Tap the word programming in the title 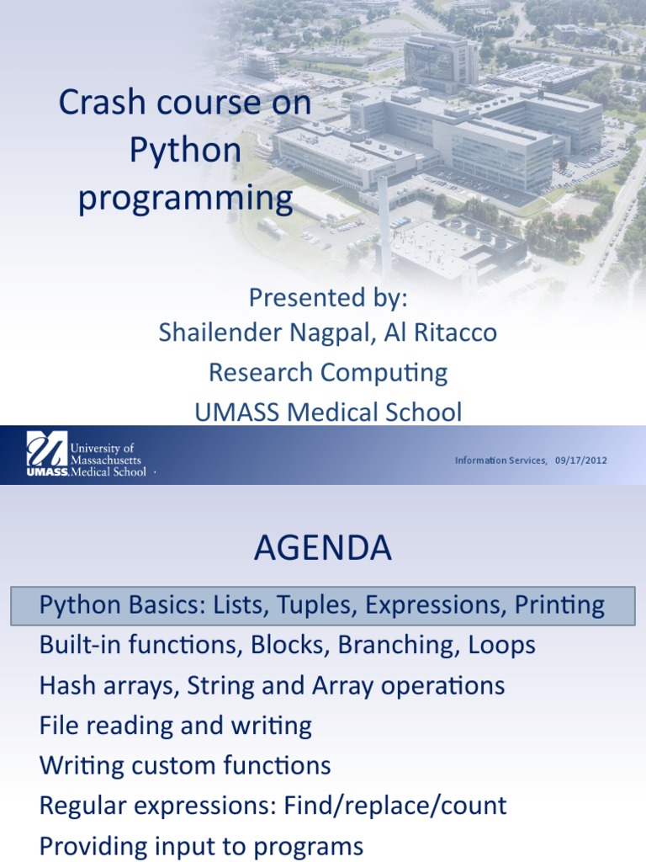185,199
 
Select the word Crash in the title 103,102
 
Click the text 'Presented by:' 328,297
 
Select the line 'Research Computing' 328,373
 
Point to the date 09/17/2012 581,460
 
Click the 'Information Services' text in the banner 500,460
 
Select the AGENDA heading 323,547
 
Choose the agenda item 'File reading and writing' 176,726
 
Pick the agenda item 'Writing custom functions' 185,765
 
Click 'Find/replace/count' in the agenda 395,806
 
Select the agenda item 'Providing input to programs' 202,846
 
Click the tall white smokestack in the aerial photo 384,226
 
